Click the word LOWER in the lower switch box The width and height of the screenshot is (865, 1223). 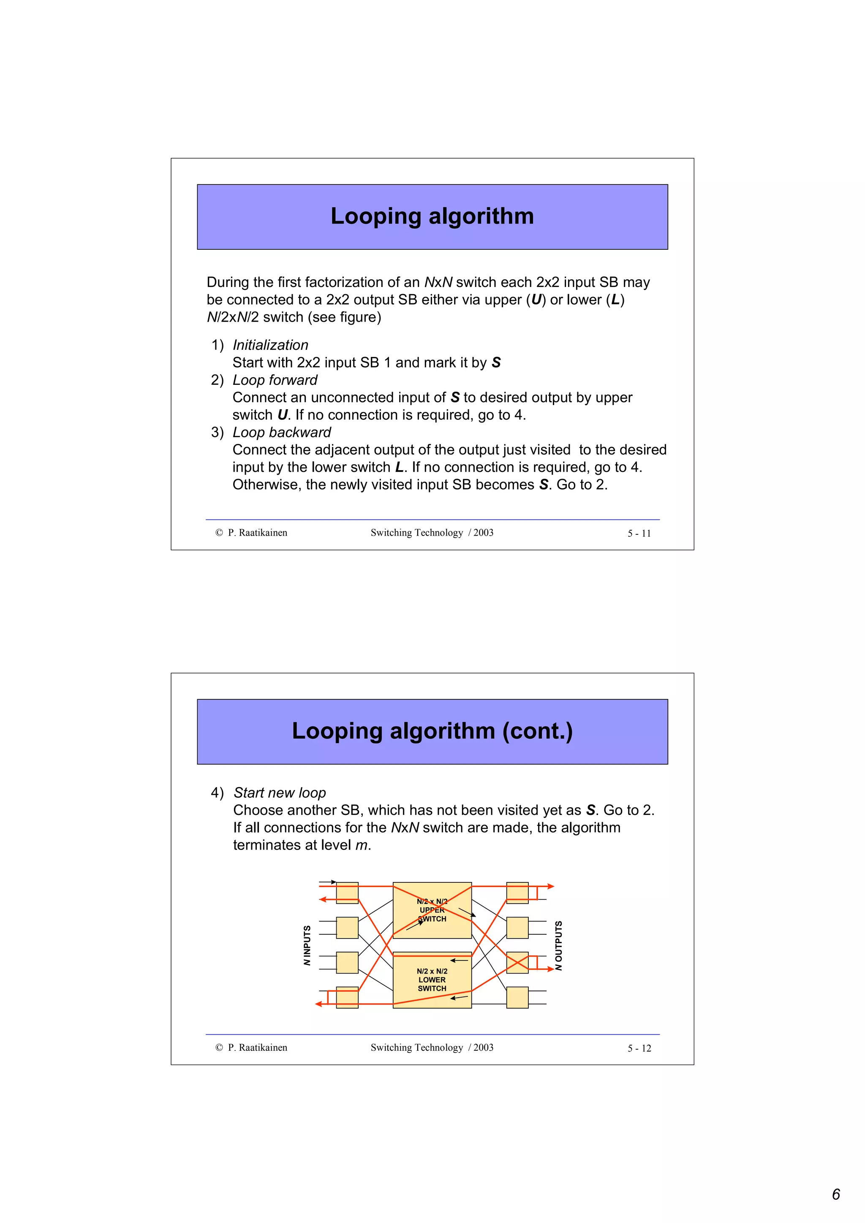pyautogui.click(x=432, y=979)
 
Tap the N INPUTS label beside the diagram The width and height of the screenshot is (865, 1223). pyautogui.click(x=307, y=945)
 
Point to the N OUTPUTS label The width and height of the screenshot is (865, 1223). pyautogui.click(x=558, y=945)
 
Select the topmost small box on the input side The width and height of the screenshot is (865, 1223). pyautogui.click(x=347, y=893)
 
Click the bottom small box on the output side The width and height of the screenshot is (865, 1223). pyautogui.click(x=517, y=997)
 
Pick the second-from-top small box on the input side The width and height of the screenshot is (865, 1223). pyautogui.click(x=347, y=927)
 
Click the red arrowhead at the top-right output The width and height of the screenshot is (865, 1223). pyautogui.click(x=551, y=886)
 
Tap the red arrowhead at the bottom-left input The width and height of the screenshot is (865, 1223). pyautogui.click(x=319, y=1004)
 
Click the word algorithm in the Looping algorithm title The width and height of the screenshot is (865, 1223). pyautogui.click(x=481, y=216)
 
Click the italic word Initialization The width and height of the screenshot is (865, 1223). pyautogui.click(x=270, y=345)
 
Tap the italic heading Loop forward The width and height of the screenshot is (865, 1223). pyautogui.click(x=275, y=380)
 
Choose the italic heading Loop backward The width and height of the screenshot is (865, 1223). pyautogui.click(x=281, y=432)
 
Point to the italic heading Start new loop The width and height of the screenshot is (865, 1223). pyautogui.click(x=279, y=793)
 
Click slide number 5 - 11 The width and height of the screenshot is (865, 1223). pyautogui.click(x=639, y=533)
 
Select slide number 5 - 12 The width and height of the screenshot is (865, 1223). pyautogui.click(x=639, y=1048)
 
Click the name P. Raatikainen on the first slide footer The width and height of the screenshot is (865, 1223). pyautogui.click(x=257, y=533)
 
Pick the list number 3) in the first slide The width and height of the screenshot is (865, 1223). pyautogui.click(x=217, y=432)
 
